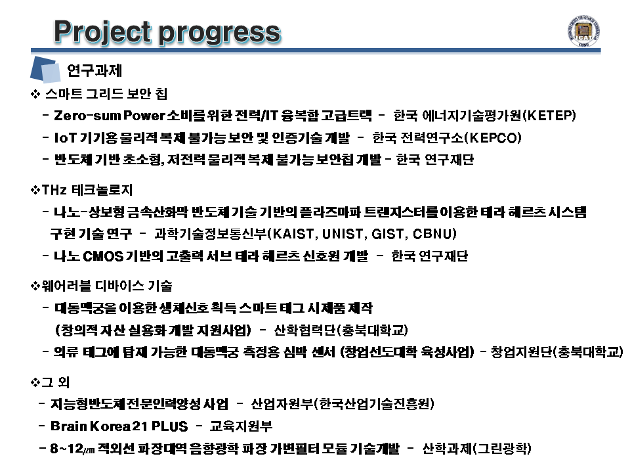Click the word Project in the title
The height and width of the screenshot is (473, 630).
pos(103,32)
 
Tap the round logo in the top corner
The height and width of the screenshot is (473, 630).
pos(584,32)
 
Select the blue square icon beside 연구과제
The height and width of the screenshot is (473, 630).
pos(45,70)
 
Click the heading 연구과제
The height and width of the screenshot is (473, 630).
pos(94,70)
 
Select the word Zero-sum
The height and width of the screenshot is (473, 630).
pos(87,116)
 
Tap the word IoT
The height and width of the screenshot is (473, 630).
pos(65,137)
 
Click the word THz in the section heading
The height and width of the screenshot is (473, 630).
pos(54,189)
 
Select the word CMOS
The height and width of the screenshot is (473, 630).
pos(103,256)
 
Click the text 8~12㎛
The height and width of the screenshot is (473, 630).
pos(73,448)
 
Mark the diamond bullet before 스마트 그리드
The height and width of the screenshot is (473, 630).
pos(35,94)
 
